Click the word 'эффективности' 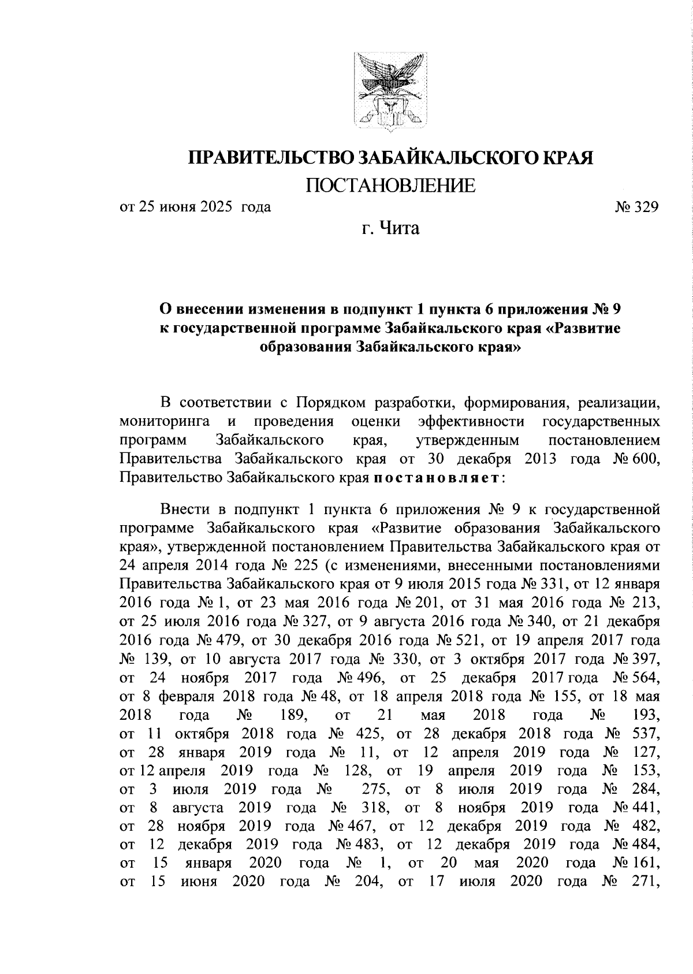472,421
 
